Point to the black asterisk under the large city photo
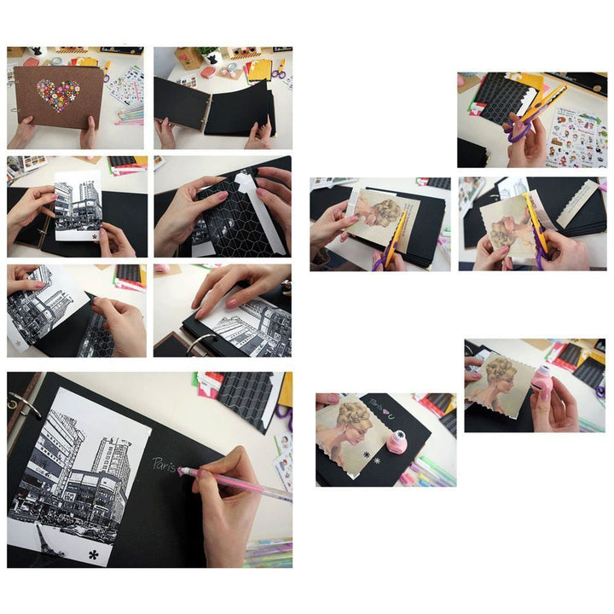pyautogui.click(x=93, y=555)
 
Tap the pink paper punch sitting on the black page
pyautogui.click(x=396, y=442)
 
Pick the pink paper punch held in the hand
pyautogui.click(x=542, y=381)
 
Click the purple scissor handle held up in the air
pyautogui.click(x=516, y=132)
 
